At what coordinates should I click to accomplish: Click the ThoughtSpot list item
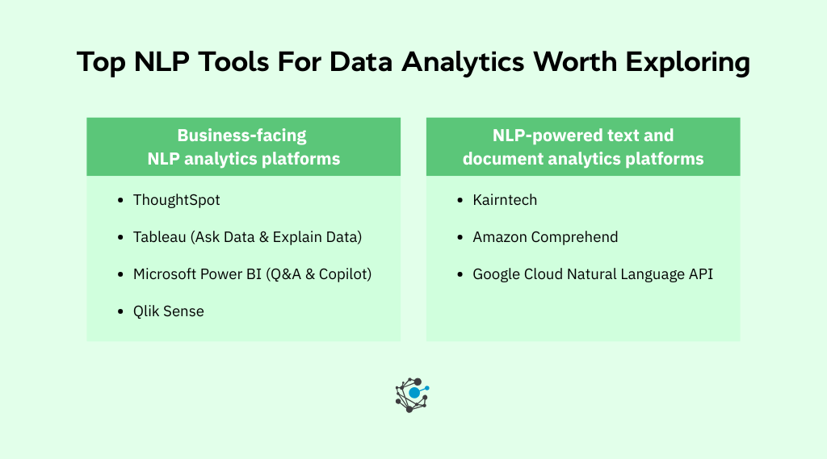click(x=176, y=200)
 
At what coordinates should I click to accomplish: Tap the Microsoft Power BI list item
click(x=252, y=274)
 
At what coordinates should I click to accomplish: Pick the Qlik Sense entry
click(x=168, y=311)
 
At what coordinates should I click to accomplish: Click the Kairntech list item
click(x=505, y=200)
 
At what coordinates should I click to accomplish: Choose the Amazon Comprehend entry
click(x=545, y=237)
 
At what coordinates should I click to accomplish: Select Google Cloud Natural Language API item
click(x=593, y=274)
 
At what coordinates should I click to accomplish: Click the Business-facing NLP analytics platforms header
click(x=243, y=147)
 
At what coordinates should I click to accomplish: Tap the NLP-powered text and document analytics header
click(x=582, y=147)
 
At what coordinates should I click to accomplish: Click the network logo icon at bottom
click(x=412, y=394)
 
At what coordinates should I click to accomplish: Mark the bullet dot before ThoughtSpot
click(x=120, y=200)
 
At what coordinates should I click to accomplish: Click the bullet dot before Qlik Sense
click(x=120, y=311)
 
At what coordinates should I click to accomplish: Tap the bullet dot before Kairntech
click(x=460, y=200)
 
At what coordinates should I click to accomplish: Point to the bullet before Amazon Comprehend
click(x=460, y=237)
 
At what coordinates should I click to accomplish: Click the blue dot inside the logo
click(x=414, y=393)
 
